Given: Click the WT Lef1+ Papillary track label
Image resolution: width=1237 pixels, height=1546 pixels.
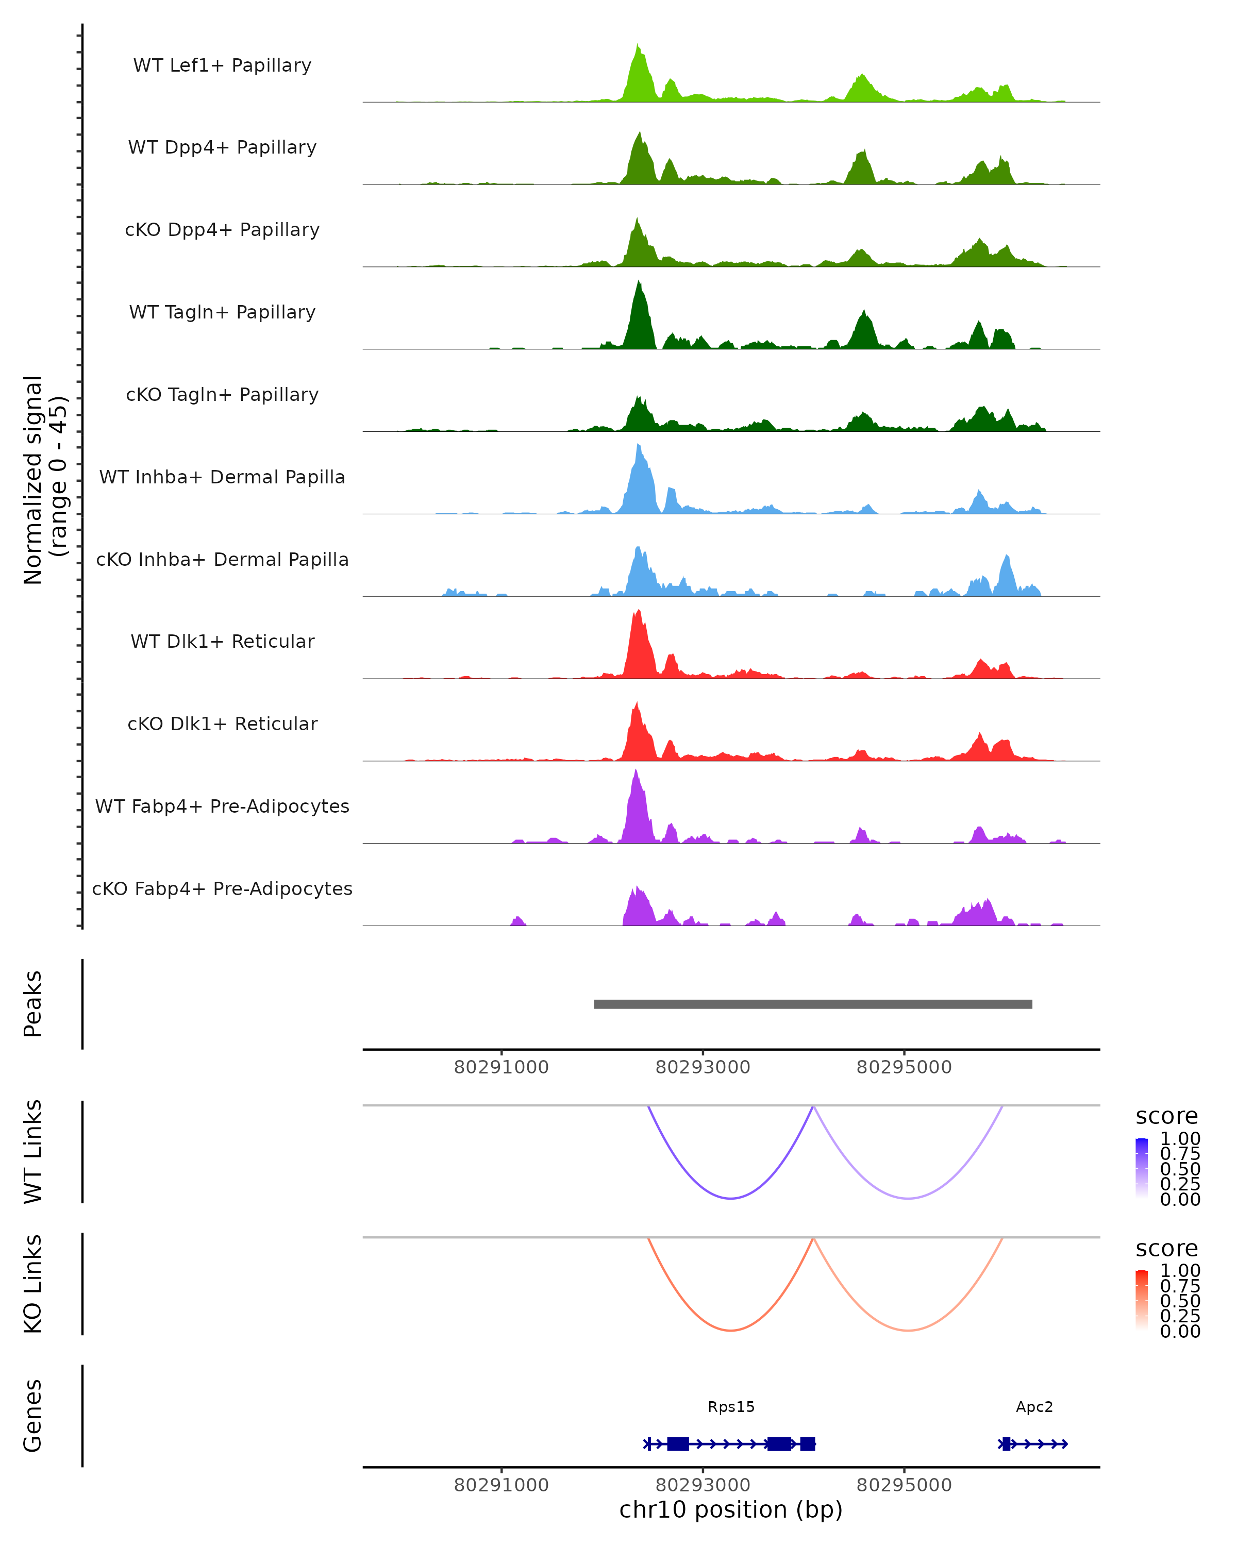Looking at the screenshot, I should (x=222, y=65).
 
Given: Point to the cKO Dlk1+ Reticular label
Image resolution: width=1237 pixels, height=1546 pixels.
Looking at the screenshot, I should (x=222, y=724).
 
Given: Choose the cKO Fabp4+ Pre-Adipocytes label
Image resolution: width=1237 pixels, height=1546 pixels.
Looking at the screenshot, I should (x=222, y=888).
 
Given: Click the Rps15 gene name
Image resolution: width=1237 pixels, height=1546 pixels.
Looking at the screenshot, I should (x=731, y=1406).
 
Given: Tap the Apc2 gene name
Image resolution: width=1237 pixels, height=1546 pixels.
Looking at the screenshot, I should (x=1034, y=1406).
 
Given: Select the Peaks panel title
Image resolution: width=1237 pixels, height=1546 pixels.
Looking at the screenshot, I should (x=33, y=1004).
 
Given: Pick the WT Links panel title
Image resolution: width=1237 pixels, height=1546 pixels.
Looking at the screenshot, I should (x=33, y=1152).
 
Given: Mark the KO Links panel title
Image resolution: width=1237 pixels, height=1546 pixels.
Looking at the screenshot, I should (x=33, y=1284).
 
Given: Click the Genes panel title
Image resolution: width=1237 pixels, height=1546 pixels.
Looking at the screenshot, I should (x=33, y=1416).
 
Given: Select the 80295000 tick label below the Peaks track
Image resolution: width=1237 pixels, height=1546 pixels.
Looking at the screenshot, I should (x=904, y=1067).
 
